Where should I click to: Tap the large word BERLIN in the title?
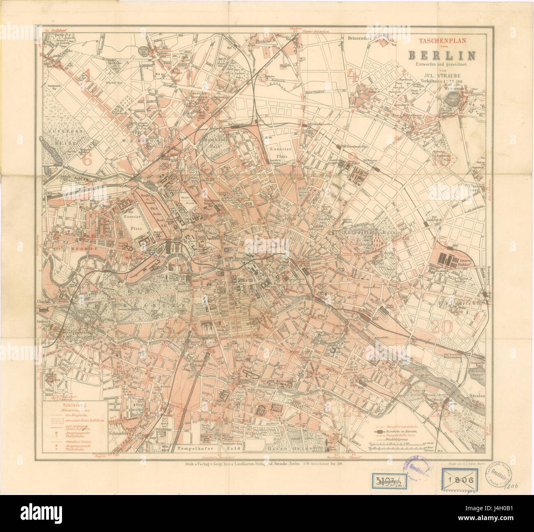pyautogui.click(x=442, y=55)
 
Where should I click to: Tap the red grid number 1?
pyautogui.click(x=87, y=75)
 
